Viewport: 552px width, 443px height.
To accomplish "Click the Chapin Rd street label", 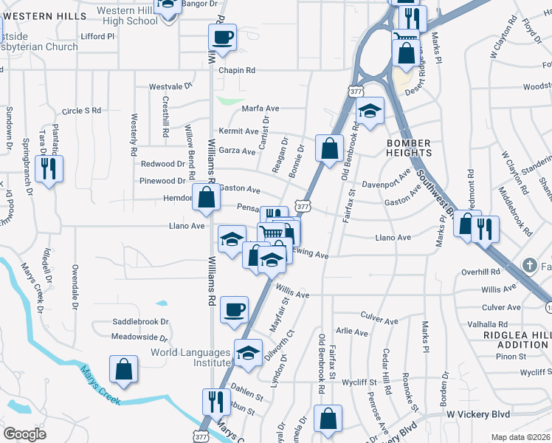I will point(237,71).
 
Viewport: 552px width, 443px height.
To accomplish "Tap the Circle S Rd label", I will point(81,111).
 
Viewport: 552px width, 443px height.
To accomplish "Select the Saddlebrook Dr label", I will point(140,322).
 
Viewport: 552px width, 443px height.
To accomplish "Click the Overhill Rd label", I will point(480,272).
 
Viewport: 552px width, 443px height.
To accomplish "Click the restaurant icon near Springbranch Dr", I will point(49,169).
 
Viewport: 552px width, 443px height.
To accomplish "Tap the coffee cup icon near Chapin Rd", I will point(222,37).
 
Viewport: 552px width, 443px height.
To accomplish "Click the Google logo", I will point(24,434).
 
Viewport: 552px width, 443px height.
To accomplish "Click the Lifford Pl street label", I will point(98,35).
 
